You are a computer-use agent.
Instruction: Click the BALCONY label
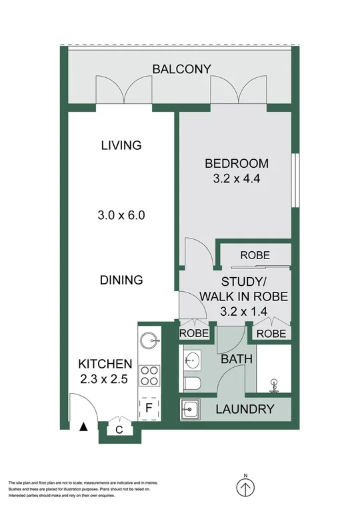181,69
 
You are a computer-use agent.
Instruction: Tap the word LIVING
121,145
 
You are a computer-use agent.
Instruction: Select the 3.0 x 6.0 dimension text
121,215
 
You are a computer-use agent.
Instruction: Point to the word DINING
121,280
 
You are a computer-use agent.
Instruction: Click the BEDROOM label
236,163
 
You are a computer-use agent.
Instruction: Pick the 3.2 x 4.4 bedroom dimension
236,179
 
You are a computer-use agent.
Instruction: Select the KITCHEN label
105,364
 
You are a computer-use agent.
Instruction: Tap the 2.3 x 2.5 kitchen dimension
105,380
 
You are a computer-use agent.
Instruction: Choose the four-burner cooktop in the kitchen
149,376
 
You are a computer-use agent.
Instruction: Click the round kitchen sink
150,340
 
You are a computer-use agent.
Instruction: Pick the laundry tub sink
191,408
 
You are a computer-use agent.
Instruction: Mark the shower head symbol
274,384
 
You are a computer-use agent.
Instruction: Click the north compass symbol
245,487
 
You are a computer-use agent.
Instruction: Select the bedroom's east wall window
295,181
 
